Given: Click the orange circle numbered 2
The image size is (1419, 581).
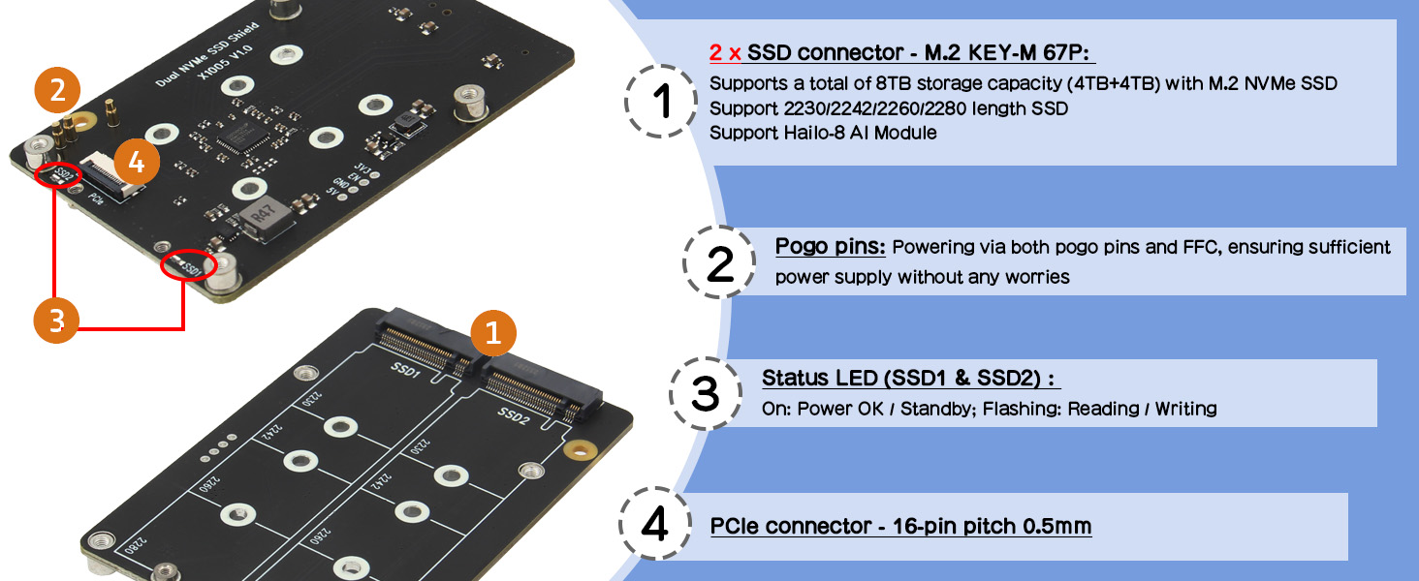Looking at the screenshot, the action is tap(57, 90).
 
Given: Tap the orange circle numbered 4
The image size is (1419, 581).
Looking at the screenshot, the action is tap(137, 162).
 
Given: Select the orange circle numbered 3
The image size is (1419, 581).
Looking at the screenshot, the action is tap(56, 321).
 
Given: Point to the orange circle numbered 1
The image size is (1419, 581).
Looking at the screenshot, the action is tap(493, 333).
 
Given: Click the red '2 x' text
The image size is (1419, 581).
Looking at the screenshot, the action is tap(725, 52).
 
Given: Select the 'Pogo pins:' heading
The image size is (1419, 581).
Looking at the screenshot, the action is tap(830, 246).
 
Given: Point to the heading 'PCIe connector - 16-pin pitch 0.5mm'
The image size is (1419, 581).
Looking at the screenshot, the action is tap(900, 526).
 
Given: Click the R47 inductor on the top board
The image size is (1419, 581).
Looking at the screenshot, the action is tap(265, 217).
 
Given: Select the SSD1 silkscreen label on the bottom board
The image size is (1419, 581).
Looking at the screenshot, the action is tap(405, 370).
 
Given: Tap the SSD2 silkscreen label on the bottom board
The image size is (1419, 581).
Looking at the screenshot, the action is tap(513, 415).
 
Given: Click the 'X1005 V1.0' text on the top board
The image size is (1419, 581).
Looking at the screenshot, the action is tap(225, 62).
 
